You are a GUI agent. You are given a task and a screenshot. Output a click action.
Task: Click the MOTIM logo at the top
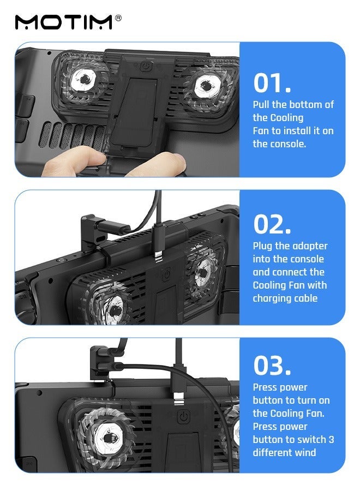point(64,22)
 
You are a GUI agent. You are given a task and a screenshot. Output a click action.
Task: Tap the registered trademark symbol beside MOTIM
point(118,18)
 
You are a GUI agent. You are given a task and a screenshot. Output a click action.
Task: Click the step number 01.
point(272,83)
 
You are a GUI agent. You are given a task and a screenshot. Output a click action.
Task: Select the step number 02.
point(272,224)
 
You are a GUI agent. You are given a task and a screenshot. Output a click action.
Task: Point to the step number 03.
point(272,365)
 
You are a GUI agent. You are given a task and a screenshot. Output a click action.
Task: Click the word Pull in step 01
point(261,104)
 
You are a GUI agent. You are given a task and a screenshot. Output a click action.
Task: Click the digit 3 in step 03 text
point(331,439)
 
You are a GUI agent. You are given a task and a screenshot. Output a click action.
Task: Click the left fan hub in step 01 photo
point(84,80)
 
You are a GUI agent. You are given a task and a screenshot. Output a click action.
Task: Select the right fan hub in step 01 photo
point(206,85)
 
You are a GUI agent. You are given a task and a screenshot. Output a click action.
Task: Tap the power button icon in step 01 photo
point(146,66)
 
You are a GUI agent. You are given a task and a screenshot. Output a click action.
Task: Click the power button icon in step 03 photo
point(184,416)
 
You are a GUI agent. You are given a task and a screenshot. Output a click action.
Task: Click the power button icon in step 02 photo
point(167,274)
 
